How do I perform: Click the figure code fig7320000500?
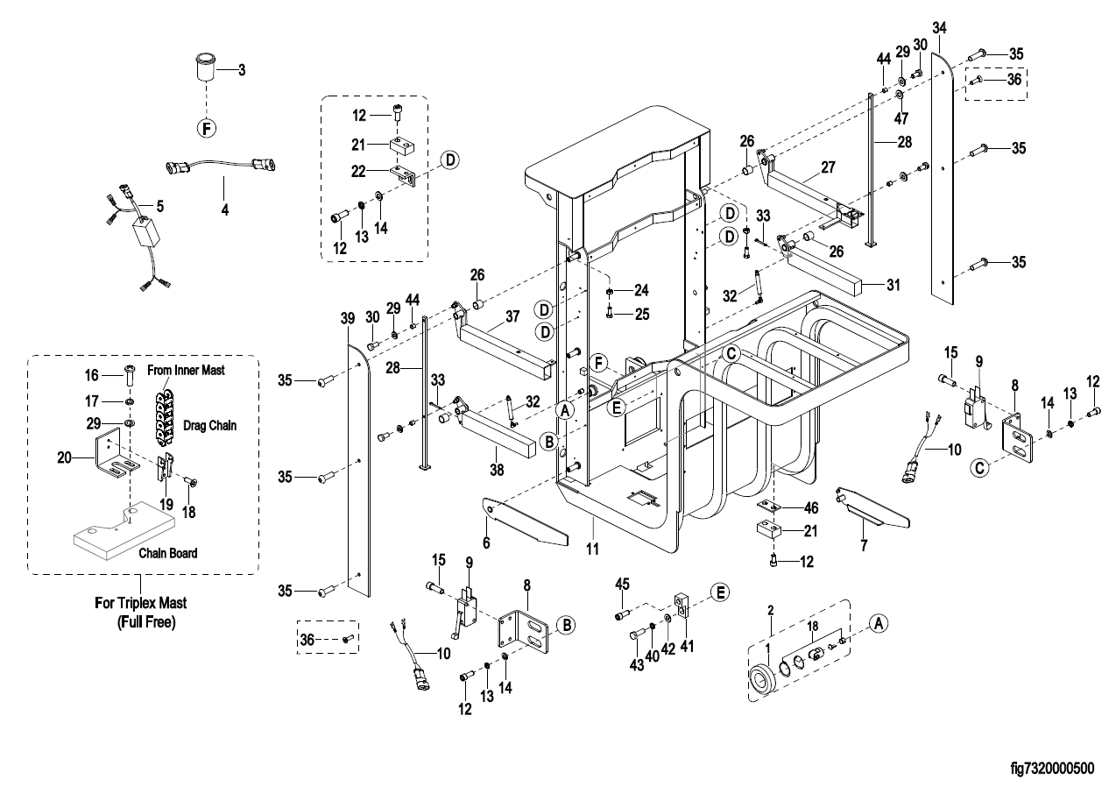1051,769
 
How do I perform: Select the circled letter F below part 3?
206,128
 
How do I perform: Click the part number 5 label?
159,208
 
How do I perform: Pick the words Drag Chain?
210,424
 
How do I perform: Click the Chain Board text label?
168,553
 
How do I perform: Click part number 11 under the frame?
593,549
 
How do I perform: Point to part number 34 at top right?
940,28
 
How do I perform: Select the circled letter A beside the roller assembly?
880,620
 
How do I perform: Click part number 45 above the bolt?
623,584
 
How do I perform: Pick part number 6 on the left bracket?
486,543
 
